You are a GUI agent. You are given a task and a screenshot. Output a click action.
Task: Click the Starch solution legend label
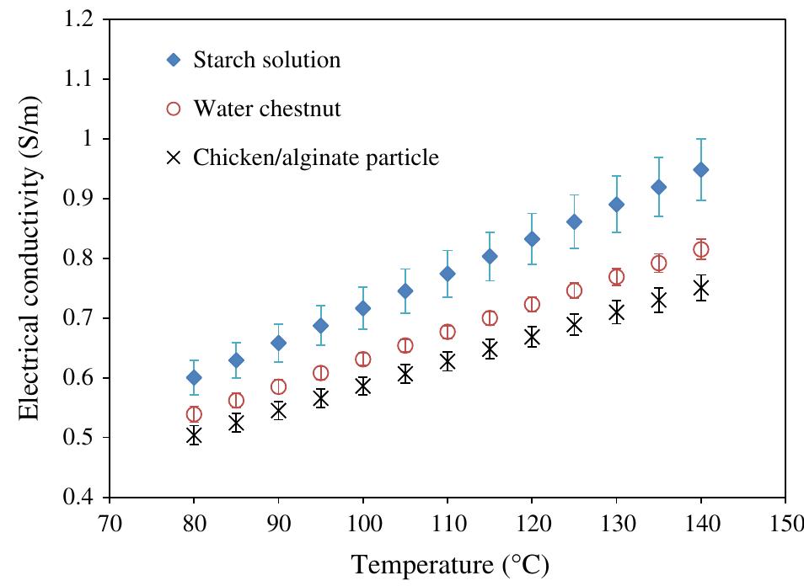[266, 60]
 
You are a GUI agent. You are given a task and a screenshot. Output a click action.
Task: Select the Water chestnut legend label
[266, 109]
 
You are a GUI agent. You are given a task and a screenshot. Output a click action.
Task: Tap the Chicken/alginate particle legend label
[316, 157]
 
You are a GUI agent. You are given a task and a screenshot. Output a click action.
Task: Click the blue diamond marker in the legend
[174, 60]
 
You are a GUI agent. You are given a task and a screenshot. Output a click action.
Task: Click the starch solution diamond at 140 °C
[700, 170]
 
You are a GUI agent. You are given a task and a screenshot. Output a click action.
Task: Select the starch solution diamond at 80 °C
[194, 377]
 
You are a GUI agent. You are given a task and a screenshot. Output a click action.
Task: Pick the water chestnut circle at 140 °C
[700, 249]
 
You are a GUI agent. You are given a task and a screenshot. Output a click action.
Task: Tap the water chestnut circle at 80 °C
[194, 414]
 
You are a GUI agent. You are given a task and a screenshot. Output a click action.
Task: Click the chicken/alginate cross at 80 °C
[194, 435]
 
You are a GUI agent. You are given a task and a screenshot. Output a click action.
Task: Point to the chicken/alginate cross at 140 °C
[700, 289]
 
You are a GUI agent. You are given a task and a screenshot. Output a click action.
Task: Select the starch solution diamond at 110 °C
[448, 274]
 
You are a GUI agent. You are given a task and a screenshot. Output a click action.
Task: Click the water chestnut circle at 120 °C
[532, 305]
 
